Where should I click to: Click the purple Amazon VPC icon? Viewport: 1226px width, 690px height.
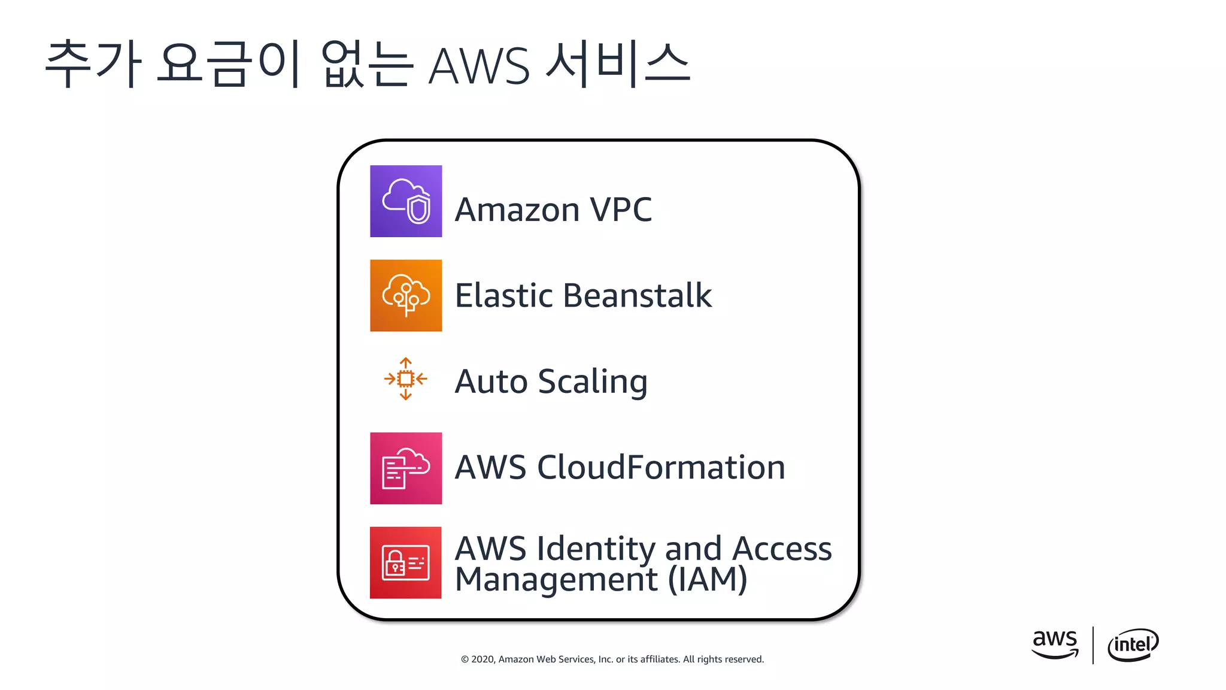[x=406, y=201]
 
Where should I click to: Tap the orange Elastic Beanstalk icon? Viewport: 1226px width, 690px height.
[x=406, y=295]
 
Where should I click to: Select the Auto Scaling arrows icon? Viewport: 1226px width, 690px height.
[x=406, y=379]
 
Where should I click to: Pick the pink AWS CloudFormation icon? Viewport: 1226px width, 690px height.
[x=406, y=468]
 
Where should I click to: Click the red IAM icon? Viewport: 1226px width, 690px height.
[x=406, y=562]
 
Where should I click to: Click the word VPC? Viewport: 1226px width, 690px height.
[x=621, y=210]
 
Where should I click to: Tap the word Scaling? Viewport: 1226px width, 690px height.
[x=593, y=382]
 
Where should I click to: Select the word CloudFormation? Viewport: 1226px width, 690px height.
[x=661, y=467]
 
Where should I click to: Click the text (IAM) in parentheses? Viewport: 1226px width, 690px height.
[x=708, y=580]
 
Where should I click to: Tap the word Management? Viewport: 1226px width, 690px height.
[x=556, y=580]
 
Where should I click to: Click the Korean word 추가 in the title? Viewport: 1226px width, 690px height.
[x=93, y=63]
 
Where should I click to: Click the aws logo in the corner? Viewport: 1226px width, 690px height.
[x=1055, y=644]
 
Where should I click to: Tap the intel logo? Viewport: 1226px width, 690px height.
[x=1133, y=644]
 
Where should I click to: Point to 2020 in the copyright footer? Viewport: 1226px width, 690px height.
[x=483, y=659]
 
